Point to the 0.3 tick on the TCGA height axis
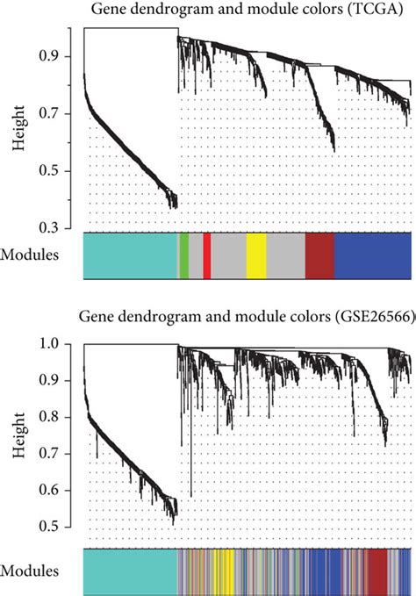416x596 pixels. pyautogui.click(x=61, y=227)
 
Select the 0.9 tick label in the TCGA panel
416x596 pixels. pyautogui.click(x=61, y=56)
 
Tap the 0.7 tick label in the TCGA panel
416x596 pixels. pyautogui.click(x=61, y=113)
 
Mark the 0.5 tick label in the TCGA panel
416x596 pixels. pyautogui.click(x=61, y=170)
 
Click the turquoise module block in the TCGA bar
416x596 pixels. pyautogui.click(x=130, y=256)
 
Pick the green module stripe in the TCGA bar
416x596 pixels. pyautogui.click(x=184, y=256)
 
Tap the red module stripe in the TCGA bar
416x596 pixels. pyautogui.click(x=207, y=256)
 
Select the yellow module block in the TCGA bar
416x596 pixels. pyautogui.click(x=255, y=256)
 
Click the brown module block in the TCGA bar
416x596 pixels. pyautogui.click(x=319, y=256)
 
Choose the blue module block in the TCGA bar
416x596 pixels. pyautogui.click(x=373, y=256)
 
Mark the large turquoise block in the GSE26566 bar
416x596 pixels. pyautogui.click(x=130, y=571)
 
